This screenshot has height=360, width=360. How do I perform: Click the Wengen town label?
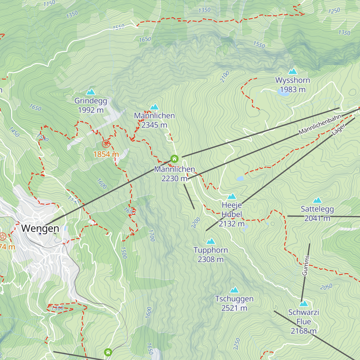[x=40, y=229]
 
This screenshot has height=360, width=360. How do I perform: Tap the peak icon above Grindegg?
[x=91, y=92]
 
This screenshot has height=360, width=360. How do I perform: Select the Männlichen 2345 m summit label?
[x=154, y=120]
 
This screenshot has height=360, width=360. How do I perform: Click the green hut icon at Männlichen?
[x=174, y=159]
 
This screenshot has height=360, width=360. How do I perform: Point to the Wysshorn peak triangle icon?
[x=292, y=71]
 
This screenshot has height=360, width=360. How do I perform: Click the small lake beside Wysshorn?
[x=283, y=92]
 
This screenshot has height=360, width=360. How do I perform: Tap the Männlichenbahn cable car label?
[x=320, y=124]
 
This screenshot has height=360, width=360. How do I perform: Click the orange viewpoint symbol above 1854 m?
[x=106, y=144]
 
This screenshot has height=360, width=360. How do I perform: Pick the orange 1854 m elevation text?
[x=106, y=154]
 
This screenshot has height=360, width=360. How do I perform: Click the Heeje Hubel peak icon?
[x=232, y=196]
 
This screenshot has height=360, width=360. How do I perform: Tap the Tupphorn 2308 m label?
[x=211, y=255]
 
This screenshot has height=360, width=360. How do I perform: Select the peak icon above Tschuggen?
[x=234, y=290]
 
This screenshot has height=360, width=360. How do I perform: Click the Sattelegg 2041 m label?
[x=317, y=214]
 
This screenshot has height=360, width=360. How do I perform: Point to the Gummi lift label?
[x=305, y=265]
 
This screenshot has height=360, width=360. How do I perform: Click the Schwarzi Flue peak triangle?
[x=304, y=304]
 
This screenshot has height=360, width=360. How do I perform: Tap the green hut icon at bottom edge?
[x=108, y=352]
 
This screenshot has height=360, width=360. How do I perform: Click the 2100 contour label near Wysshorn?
[x=224, y=76]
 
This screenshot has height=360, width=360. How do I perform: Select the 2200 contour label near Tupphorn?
[x=196, y=223]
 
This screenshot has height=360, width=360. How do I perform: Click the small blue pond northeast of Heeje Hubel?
[x=240, y=179]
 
